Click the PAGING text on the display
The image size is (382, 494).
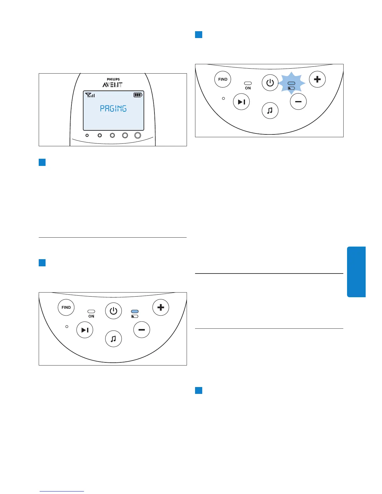click(x=113, y=109)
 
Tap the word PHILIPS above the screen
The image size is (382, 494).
click(x=113, y=79)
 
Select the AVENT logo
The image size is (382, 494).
click(x=112, y=85)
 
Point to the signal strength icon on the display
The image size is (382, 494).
click(x=90, y=95)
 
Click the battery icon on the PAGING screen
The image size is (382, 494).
click(x=138, y=95)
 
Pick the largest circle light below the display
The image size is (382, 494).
click(x=138, y=135)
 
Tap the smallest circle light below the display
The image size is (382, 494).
click(x=87, y=135)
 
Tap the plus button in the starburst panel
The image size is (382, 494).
click(x=317, y=79)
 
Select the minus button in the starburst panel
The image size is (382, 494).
click(x=298, y=102)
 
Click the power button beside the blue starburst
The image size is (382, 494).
click(x=270, y=83)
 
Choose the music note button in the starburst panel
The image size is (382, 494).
click(x=270, y=110)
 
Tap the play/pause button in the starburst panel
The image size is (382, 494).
click(x=242, y=102)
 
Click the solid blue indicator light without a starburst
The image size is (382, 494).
click(x=135, y=311)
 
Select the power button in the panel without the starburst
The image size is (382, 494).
click(x=113, y=311)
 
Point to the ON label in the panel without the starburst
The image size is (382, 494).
click(x=91, y=316)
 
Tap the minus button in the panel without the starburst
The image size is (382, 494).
click(x=142, y=330)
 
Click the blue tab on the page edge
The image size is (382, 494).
click(x=356, y=272)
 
